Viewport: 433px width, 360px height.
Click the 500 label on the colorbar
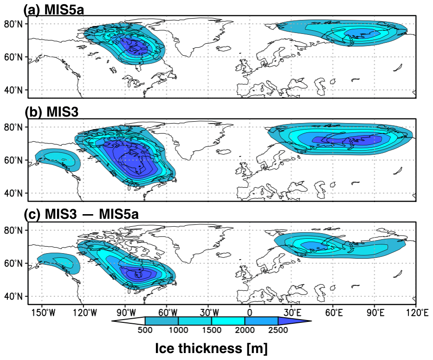pos(145,330)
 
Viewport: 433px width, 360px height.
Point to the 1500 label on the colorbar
pos(212,330)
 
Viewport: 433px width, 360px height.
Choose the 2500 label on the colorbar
pos(278,330)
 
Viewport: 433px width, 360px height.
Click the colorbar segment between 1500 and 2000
pos(228,321)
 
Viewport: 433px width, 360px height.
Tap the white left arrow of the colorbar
pos(130,321)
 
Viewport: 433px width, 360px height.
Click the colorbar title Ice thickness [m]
pos(211,347)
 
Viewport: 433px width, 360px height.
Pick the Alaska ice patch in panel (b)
pos(55,159)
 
